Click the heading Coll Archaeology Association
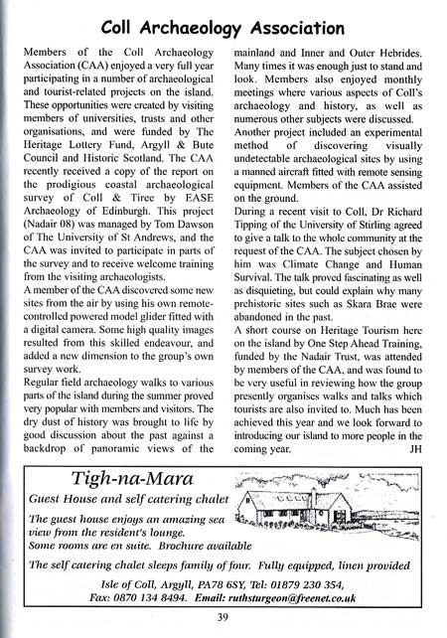(x=223, y=20)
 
